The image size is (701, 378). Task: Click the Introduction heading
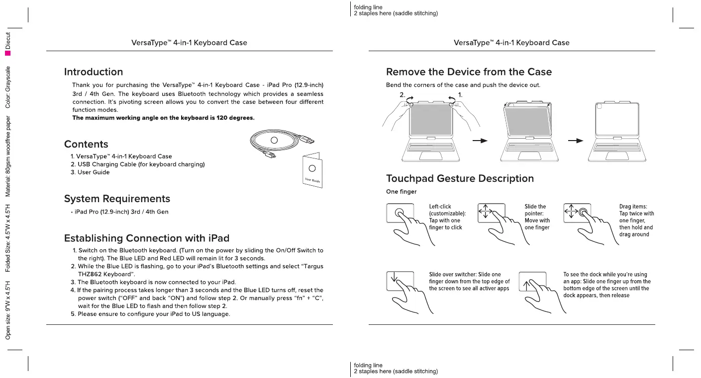94,72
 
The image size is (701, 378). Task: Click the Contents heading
86,144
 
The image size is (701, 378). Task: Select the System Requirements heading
117,199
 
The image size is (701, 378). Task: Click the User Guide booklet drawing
312,170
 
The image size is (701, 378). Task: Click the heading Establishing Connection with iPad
146,238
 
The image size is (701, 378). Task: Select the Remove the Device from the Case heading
469,72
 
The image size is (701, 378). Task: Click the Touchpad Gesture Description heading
460,178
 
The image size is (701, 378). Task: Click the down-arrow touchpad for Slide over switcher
401,281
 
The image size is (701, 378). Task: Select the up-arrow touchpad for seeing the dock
532,281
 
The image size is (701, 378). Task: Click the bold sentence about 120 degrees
163,118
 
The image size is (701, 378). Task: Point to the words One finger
401,192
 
